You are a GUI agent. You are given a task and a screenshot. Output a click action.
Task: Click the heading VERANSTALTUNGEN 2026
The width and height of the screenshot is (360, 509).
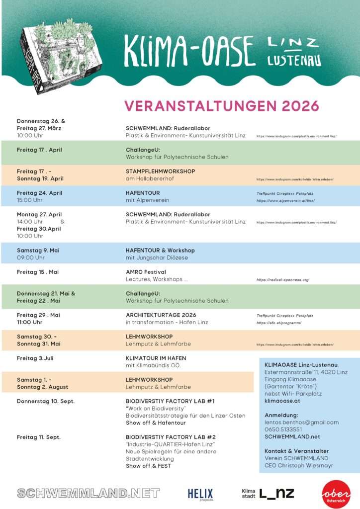click(x=221, y=106)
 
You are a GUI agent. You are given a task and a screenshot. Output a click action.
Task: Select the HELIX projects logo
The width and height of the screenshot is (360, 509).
click(x=200, y=494)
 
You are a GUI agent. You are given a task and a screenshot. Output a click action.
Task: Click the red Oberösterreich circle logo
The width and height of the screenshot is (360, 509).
click(x=336, y=494)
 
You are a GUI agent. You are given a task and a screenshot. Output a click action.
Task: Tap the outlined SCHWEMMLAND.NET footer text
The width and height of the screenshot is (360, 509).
click(x=89, y=493)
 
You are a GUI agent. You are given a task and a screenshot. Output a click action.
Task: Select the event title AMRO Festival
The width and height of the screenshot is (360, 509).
click(x=146, y=272)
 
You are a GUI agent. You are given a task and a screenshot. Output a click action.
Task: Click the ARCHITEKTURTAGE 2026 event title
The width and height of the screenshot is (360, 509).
click(x=161, y=315)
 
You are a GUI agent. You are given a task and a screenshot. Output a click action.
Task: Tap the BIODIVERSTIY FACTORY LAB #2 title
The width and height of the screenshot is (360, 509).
click(x=171, y=437)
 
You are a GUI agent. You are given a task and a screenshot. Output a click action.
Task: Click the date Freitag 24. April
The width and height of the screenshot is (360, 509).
click(x=39, y=193)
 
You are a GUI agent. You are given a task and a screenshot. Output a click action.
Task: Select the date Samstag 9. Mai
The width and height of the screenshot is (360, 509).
click(x=38, y=250)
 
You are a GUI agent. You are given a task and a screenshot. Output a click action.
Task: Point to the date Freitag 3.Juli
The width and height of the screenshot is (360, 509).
click(x=35, y=358)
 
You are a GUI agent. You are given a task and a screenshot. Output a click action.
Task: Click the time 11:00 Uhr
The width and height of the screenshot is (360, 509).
click(x=29, y=322)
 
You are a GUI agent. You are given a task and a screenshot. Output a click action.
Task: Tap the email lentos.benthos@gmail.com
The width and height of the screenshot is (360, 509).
click(x=301, y=422)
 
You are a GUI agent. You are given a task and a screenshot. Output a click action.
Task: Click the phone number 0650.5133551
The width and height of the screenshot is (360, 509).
click(x=283, y=429)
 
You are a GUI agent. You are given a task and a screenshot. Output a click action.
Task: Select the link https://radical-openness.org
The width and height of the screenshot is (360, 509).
click(x=282, y=280)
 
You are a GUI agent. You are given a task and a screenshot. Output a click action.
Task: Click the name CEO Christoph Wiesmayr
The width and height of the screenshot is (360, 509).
click(x=299, y=465)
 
